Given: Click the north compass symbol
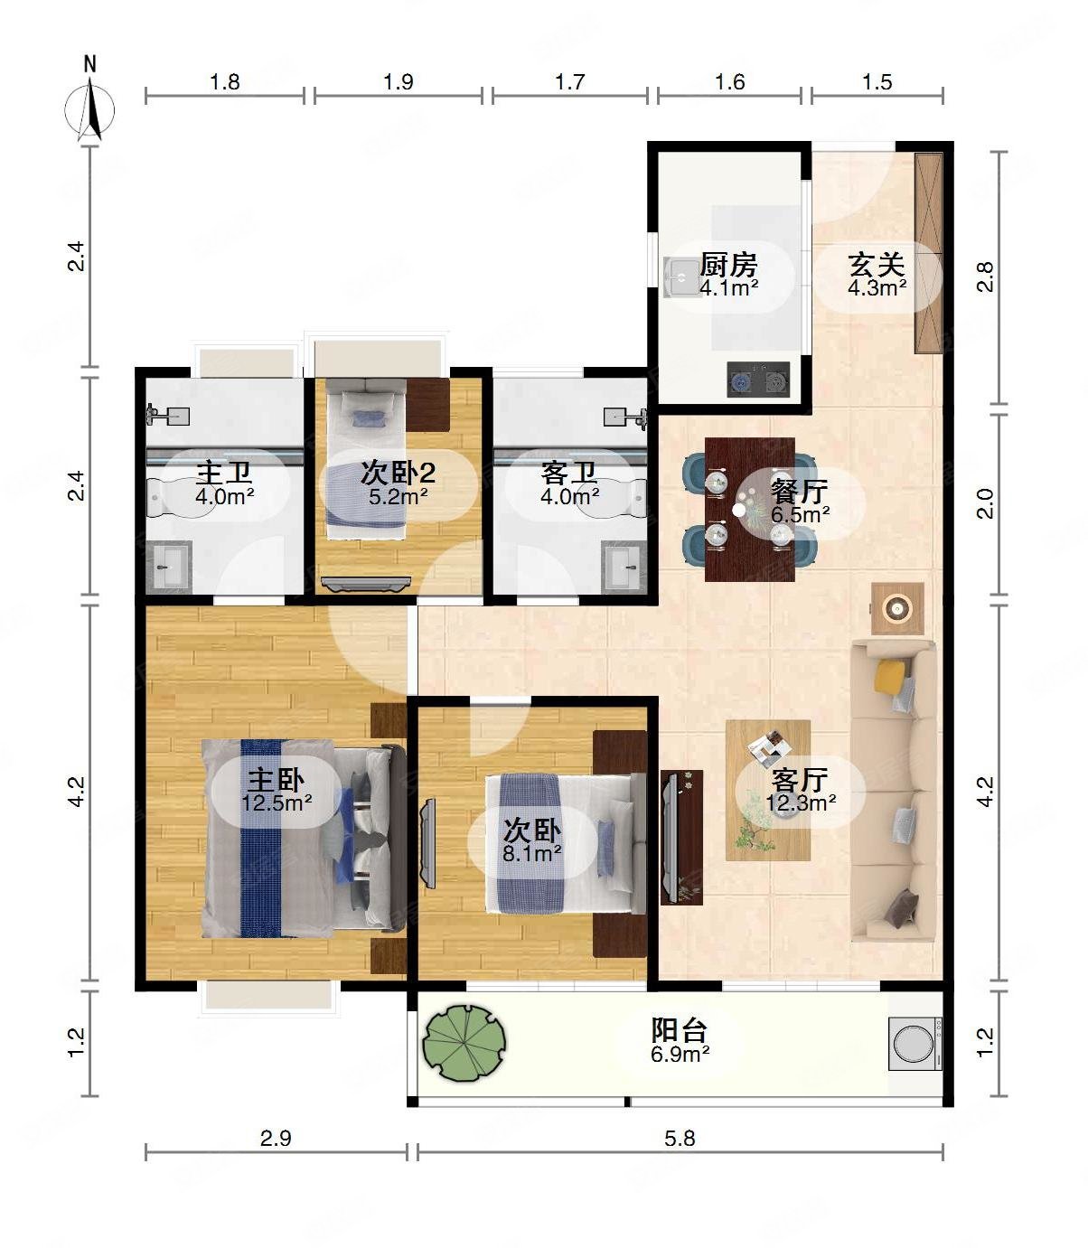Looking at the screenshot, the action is point(90,109).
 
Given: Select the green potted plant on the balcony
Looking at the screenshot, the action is point(464,1043).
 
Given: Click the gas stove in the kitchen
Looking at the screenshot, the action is point(758,380).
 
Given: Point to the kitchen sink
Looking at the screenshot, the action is point(681,277).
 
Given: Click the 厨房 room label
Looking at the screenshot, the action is point(728,265).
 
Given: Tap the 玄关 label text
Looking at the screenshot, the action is point(877,265).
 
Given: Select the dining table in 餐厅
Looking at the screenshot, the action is point(749,510).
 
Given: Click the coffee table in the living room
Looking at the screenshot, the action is point(768,791).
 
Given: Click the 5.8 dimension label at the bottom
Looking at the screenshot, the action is point(680,1139).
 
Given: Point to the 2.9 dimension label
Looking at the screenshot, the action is point(276,1139).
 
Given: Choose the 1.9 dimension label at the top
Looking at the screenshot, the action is point(399,81).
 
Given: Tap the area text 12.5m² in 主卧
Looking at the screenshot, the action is point(277,802).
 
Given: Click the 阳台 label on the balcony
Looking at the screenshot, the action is point(680,1030).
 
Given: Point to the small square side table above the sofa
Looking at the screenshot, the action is point(897,608).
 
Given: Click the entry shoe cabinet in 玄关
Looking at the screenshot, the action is point(928,253).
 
